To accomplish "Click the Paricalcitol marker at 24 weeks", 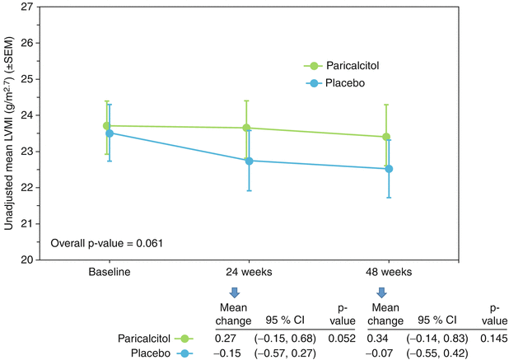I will [x=247, y=128].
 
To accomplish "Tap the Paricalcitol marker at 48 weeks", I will [x=385, y=137].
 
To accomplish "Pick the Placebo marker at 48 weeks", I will [x=388, y=169].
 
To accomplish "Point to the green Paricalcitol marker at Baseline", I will [x=107, y=126].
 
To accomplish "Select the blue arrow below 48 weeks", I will [x=382, y=292].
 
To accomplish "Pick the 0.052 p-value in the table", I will [x=343, y=337].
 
